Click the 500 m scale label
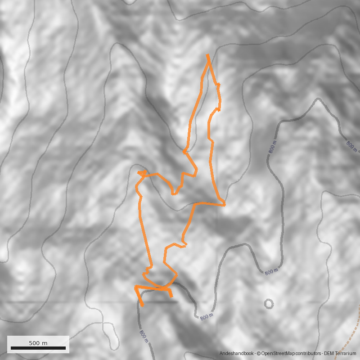[38, 343]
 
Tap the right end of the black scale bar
[66, 348]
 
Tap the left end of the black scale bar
[11, 348]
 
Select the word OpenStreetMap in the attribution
[276, 354]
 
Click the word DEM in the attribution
[329, 354]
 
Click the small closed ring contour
[269, 304]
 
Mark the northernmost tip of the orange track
[207, 55]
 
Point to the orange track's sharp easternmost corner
[225, 205]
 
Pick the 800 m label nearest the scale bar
[144, 336]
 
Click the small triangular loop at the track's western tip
[141, 173]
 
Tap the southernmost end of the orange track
[142, 306]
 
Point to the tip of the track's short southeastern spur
[171, 296]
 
